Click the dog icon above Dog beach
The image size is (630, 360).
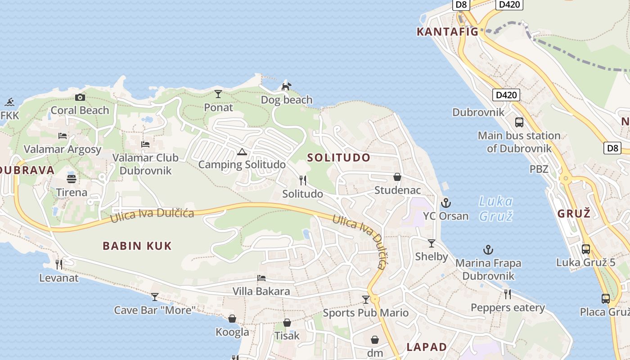click(286, 86)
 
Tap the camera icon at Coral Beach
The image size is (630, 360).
click(80, 97)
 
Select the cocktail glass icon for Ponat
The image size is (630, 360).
click(218, 94)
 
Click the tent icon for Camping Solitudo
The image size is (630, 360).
click(242, 152)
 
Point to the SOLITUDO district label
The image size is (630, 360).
click(339, 157)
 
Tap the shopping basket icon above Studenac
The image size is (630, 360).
click(397, 177)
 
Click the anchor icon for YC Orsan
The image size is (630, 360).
click(446, 203)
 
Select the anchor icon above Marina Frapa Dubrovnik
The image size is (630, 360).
click(488, 250)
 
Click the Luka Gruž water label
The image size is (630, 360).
click(495, 208)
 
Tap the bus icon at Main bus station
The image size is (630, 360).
click(519, 122)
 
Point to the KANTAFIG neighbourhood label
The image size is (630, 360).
click(447, 32)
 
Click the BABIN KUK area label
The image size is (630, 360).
click(137, 246)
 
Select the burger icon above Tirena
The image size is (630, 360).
click(72, 179)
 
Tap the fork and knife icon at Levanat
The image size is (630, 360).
click(59, 264)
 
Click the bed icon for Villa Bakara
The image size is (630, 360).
click(261, 278)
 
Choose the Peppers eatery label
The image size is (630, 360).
click(508, 308)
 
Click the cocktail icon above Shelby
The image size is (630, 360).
click(432, 243)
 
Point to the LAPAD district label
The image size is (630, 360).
click(427, 347)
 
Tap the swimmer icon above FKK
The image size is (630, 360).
click(10, 102)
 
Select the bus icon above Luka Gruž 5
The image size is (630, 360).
click(585, 249)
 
